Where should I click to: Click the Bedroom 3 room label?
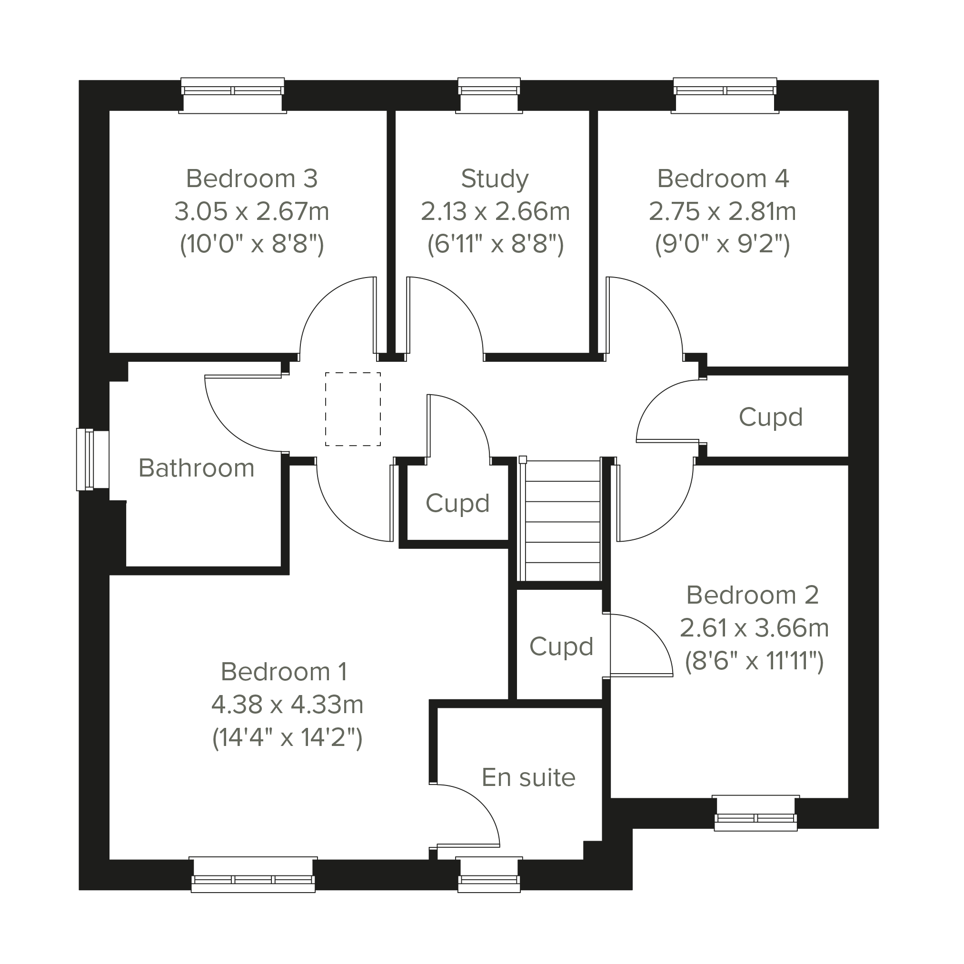click(251, 179)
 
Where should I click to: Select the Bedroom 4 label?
click(723, 179)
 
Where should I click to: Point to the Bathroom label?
click(197, 468)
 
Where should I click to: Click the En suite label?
click(528, 777)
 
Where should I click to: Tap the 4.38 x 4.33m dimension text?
click(288, 705)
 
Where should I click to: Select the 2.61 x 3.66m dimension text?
click(754, 628)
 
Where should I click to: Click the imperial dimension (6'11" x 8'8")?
click(496, 245)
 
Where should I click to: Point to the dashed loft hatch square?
click(353, 409)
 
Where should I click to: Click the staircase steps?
click(561, 521)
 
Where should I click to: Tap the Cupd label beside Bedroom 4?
click(770, 417)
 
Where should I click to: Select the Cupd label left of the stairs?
click(457, 504)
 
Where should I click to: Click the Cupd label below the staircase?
click(561, 647)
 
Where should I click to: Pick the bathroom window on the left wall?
click(92, 459)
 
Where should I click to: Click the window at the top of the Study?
click(489, 95)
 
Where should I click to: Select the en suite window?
click(489, 875)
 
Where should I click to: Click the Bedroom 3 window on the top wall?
click(232, 95)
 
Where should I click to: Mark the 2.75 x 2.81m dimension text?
click(723, 211)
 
